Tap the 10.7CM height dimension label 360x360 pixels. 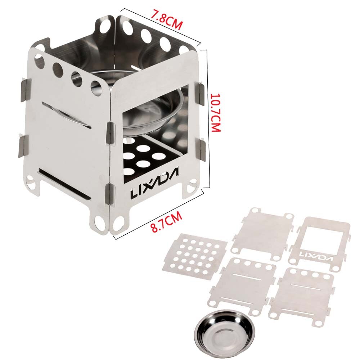215,112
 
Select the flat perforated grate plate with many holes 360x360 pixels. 194,257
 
